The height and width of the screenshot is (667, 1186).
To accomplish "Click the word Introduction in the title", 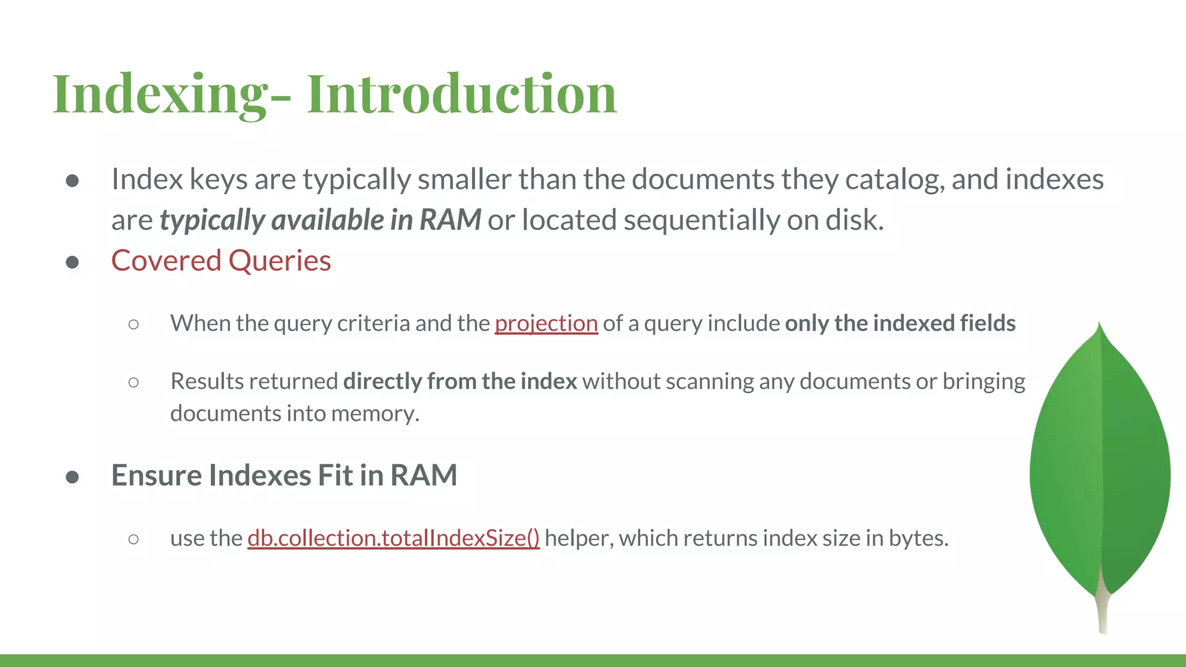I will click(x=462, y=94).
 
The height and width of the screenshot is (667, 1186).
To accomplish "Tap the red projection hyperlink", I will click(x=546, y=323).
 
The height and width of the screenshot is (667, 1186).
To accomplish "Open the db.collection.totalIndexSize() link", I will click(x=393, y=538).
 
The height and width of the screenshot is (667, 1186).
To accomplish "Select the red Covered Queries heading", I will click(x=221, y=261).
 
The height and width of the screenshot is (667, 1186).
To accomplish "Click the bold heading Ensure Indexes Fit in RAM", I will click(x=284, y=475).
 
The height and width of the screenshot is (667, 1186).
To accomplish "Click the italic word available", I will click(x=327, y=220).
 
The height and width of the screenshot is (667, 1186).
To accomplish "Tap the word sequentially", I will click(x=701, y=220).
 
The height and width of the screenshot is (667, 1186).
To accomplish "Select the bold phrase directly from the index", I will click(x=460, y=381).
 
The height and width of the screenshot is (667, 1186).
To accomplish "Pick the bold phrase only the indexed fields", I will click(x=900, y=323).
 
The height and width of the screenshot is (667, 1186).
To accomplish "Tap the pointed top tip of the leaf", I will click(x=1099, y=328).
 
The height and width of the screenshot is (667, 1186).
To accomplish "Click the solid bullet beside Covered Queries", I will click(x=72, y=262).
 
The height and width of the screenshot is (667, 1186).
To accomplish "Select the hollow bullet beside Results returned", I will click(x=134, y=382).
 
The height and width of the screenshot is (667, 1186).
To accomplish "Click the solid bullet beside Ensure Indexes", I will click(x=72, y=477).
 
